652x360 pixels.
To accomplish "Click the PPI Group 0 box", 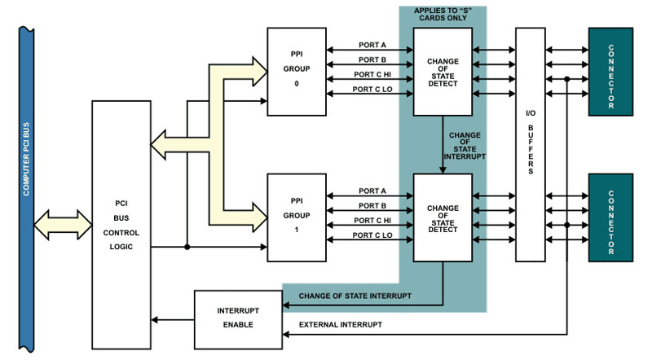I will [x=297, y=64].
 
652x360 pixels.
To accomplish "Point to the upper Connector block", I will [x=611, y=72].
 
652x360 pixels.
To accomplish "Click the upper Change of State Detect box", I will [x=443, y=72].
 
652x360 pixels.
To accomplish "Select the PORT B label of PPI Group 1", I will [x=371, y=205].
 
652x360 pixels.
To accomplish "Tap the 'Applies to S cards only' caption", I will [x=443, y=15].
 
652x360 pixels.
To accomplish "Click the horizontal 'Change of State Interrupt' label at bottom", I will [x=355, y=295].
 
